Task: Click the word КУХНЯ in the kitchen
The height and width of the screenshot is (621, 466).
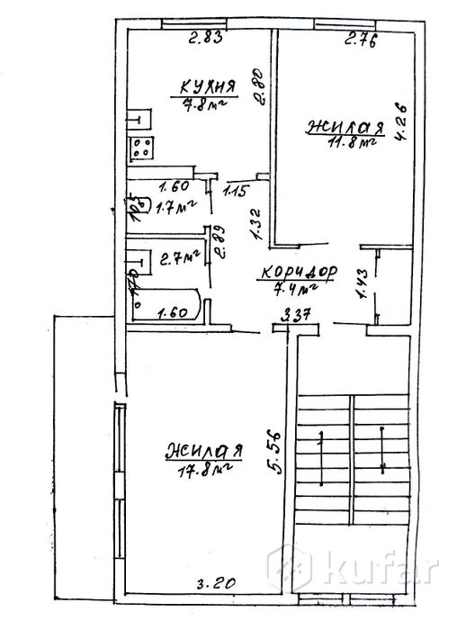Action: [207, 86]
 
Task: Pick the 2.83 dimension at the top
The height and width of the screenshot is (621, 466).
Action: [204, 38]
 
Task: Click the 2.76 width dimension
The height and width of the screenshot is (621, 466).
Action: [359, 38]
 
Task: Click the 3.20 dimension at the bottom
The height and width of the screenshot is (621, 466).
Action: [217, 583]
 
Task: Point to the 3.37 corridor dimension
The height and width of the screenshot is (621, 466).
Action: [297, 316]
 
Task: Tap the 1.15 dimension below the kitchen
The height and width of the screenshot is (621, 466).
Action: [236, 190]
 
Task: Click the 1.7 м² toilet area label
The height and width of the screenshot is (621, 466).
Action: [175, 208]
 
